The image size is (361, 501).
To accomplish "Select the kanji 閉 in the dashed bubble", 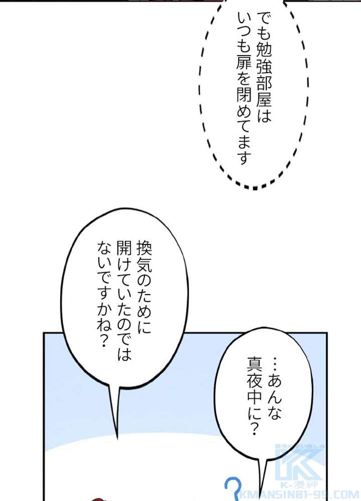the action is [244, 95].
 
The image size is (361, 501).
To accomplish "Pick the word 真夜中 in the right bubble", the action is [255, 382].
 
